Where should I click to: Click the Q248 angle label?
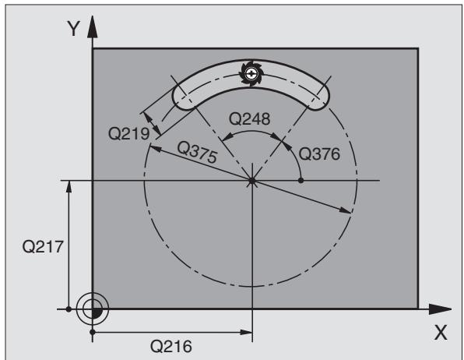(x=249, y=119)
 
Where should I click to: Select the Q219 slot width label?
(x=129, y=133)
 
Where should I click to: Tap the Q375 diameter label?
(x=197, y=152)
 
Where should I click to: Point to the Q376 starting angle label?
(x=319, y=154)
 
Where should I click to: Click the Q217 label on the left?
(x=43, y=246)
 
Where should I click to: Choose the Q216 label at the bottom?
(x=171, y=346)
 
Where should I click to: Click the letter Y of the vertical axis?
(x=74, y=29)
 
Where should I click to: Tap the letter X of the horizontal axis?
(x=441, y=333)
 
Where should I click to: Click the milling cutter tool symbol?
(x=251, y=73)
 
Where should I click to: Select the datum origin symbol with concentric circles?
(x=93, y=309)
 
